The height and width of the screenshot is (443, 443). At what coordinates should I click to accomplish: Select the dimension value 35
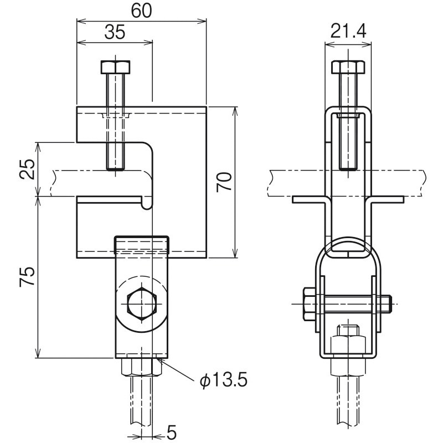tap(115, 32)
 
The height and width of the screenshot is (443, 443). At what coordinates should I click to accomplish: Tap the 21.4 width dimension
tap(348, 32)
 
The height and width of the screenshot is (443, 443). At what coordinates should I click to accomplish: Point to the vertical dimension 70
tap(224, 182)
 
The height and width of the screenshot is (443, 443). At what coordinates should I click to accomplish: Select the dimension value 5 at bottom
tap(171, 431)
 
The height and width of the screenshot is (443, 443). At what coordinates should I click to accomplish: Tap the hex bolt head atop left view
tap(116, 68)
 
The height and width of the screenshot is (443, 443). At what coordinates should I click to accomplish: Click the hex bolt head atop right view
tap(348, 68)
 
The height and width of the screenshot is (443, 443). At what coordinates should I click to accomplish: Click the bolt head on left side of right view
tap(309, 304)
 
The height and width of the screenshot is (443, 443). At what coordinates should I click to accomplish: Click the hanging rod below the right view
tap(348, 404)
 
